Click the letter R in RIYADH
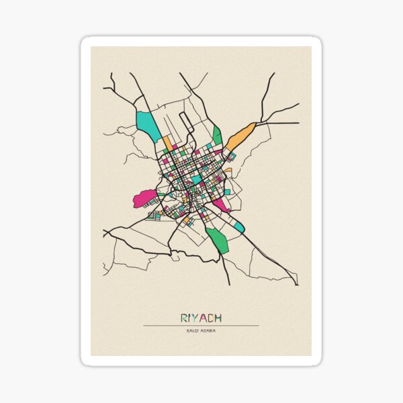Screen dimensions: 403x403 pos(183,318)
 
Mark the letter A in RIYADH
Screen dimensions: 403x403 pos(201,318)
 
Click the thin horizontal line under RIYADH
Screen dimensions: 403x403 pos(201,326)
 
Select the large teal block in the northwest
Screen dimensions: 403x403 pos(147,125)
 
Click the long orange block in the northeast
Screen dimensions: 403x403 pos(240,137)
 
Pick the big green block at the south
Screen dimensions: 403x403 pos(218,240)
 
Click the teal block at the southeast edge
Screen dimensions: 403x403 pos(239,227)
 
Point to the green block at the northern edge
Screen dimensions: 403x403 pos(217,136)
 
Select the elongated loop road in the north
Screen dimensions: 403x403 pos(188,128)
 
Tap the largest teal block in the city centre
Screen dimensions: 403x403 pos(197,179)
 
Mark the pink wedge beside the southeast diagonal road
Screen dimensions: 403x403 pos(221,203)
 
